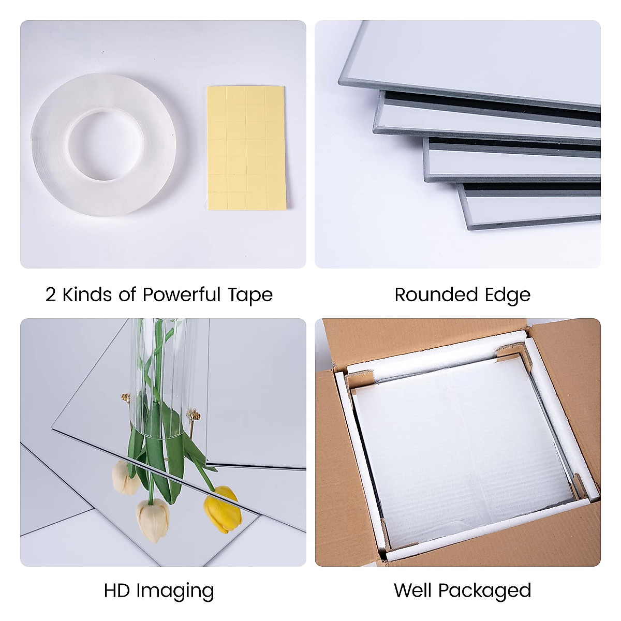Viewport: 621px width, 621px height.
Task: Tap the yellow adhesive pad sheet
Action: tap(246, 147)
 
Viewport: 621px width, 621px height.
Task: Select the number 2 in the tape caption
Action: tap(50, 295)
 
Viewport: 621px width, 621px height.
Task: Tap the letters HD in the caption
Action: tap(116, 590)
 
